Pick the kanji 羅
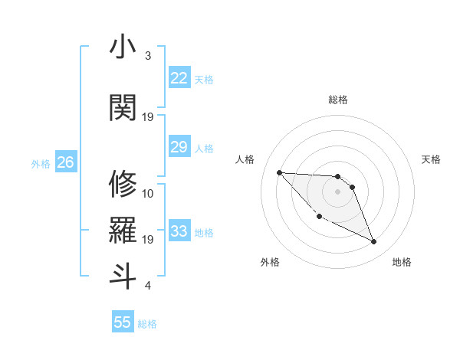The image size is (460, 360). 123,230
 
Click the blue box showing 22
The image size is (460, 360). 179,78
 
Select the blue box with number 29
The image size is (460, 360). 179,147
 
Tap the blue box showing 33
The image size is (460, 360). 179,231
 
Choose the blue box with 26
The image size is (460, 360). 65,162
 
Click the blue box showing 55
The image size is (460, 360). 123,322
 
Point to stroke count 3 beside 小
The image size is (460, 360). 148,56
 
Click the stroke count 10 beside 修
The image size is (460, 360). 148,193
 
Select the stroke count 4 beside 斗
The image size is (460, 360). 148,286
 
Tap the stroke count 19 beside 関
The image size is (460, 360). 148,116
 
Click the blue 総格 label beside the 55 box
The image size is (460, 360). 147,324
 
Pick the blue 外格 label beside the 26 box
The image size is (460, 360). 41,163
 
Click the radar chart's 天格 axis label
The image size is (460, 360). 432,159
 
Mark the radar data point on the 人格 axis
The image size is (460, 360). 279,172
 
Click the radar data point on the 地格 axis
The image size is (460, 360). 374,242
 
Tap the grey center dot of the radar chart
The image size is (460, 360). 337,191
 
